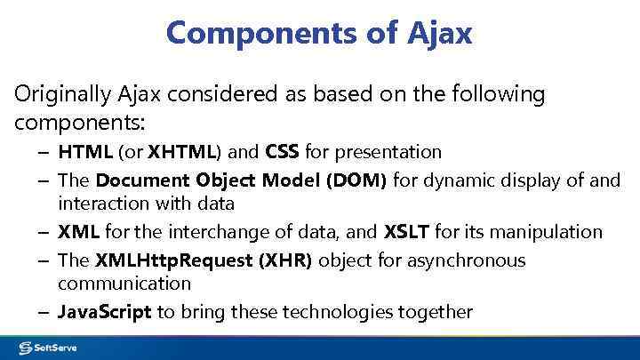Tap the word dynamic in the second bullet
tap(457, 181)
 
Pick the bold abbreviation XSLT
tap(406, 232)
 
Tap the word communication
tap(124, 284)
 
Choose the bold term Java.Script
tap(105, 312)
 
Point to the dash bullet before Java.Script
tap(44, 312)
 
